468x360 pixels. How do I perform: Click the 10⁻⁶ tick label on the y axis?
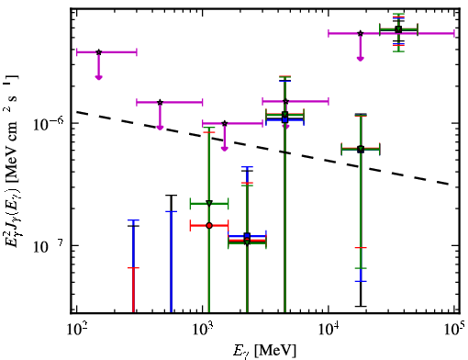[49, 123]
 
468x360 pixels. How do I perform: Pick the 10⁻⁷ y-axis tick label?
[49, 246]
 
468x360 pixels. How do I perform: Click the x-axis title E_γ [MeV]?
[264, 351]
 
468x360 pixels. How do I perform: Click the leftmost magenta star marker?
[98, 52]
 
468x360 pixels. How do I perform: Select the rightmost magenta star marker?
[361, 33]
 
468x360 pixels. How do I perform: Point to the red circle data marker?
[209, 226]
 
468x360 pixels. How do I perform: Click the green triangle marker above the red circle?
[209, 203]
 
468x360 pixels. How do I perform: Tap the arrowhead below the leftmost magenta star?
[98, 77]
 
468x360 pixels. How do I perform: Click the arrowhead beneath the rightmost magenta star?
[361, 58]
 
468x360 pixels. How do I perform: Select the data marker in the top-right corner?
[398, 29]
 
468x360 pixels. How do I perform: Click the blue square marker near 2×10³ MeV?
[247, 236]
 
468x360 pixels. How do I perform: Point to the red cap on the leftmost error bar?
[133, 268]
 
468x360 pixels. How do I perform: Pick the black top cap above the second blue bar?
[172, 196]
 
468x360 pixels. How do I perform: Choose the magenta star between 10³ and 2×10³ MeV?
[225, 123]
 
